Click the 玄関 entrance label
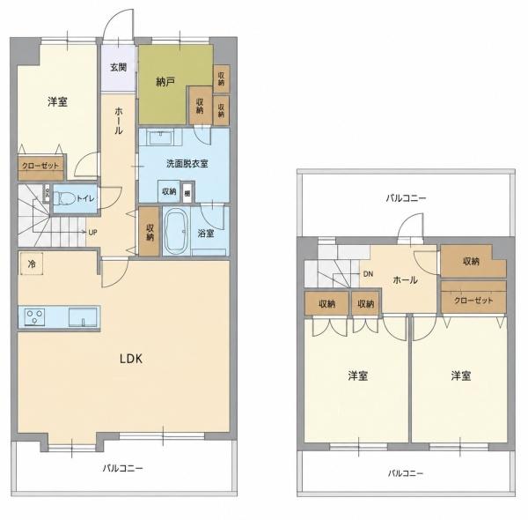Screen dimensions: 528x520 (119, 67)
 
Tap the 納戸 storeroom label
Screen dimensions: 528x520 (165, 81)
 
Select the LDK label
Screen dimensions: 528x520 (131, 359)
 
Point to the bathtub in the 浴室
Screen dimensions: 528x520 (177, 232)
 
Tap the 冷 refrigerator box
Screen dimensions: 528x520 (32, 264)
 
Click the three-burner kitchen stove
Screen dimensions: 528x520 (34, 317)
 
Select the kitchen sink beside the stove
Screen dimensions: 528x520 (83, 317)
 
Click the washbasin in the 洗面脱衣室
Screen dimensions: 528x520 (161, 137)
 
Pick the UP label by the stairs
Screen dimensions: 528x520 (93, 233)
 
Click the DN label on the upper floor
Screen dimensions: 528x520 (368, 274)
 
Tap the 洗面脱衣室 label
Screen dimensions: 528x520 (187, 164)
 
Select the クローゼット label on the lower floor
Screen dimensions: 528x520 (40, 166)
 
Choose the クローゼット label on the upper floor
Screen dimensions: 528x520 (473, 301)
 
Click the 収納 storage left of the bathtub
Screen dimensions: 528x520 (150, 231)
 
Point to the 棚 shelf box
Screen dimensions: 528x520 (187, 193)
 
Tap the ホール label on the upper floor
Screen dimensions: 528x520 (405, 280)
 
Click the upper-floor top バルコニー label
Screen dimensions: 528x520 (406, 198)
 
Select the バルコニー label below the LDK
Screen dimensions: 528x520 (123, 468)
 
